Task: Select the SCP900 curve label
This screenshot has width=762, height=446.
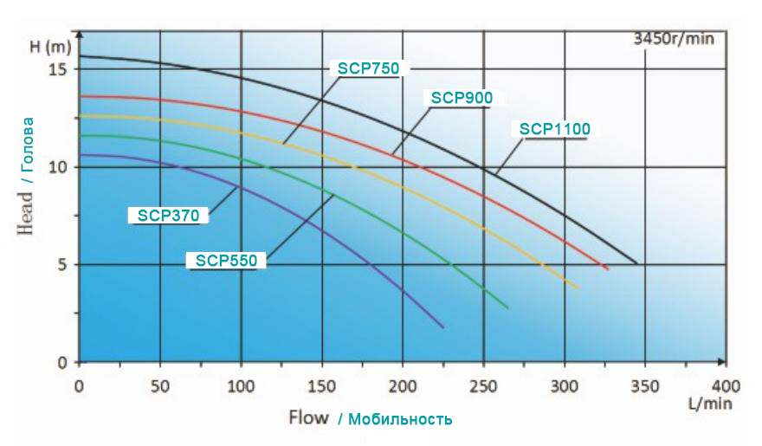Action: [462, 98]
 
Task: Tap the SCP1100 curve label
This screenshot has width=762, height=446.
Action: [555, 130]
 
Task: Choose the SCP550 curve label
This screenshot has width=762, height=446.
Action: [226, 260]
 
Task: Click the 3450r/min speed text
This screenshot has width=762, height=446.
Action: [674, 38]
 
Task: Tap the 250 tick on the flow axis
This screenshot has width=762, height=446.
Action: [483, 385]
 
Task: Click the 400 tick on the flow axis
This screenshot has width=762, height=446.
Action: [726, 385]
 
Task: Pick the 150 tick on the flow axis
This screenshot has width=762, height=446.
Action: [321, 385]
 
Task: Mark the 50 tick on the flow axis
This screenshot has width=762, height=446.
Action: [159, 385]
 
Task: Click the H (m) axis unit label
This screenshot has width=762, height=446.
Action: [48, 46]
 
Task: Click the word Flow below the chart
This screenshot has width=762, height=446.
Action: [308, 418]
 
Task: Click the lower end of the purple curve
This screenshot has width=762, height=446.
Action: [443, 327]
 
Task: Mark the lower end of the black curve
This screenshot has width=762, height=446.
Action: [636, 263]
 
